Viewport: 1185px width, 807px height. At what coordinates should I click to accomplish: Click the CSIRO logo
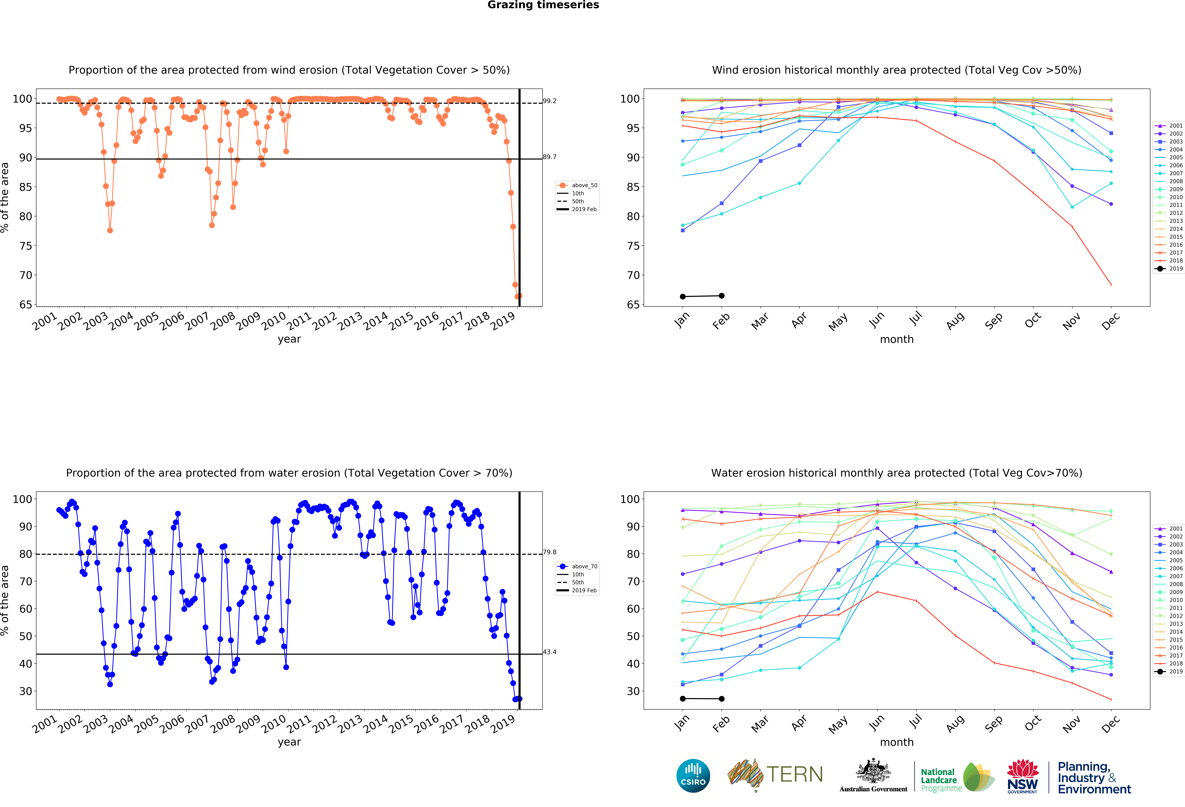tap(693, 775)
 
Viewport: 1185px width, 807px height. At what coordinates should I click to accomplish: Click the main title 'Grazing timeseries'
tap(543, 5)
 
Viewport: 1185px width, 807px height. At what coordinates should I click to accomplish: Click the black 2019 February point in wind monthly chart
tap(722, 295)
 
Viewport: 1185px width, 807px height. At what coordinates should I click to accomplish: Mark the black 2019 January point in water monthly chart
tap(683, 698)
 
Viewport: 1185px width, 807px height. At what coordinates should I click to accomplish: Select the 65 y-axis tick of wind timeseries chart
tap(26, 305)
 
